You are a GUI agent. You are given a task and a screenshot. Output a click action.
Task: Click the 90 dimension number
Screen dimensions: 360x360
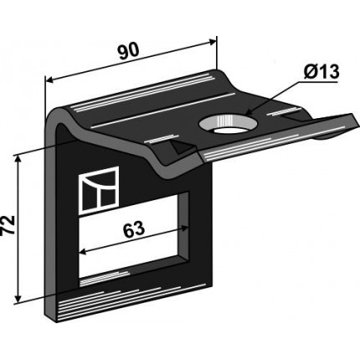point(129,52)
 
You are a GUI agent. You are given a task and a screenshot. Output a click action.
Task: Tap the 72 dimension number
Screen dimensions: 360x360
point(8,225)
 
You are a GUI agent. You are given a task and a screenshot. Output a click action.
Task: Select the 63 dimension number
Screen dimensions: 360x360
point(134,229)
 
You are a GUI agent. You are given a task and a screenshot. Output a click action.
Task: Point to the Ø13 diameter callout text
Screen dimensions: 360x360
point(321,72)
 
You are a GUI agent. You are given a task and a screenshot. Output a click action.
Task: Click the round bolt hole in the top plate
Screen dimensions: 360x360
point(229,126)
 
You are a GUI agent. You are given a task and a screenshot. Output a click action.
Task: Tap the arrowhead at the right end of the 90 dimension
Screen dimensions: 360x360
point(213,42)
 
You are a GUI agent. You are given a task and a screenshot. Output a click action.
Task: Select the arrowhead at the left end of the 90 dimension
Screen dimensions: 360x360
point(49,80)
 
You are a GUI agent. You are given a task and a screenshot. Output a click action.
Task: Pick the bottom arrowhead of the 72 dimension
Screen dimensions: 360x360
point(18,299)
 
